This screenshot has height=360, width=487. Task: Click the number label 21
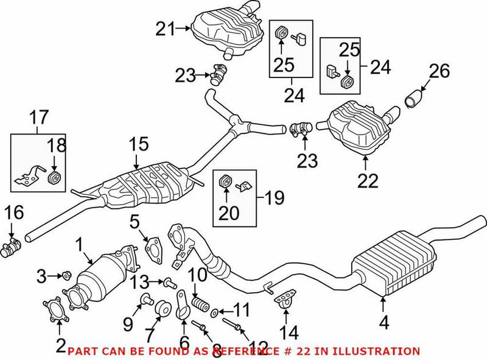tap(164, 28)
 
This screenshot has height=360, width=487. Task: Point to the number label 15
tap(138, 146)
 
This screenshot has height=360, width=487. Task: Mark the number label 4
tap(384, 323)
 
